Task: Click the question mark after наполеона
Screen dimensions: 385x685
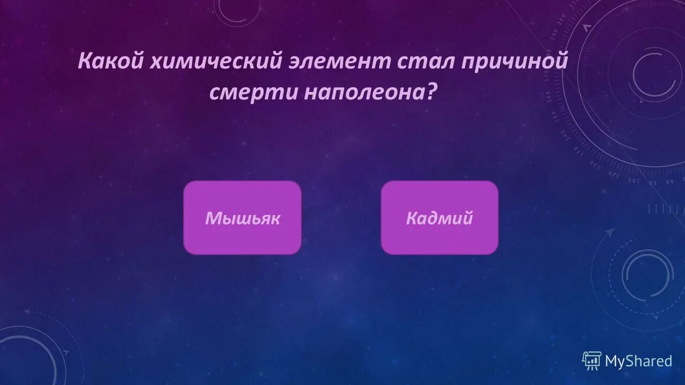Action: [x=430, y=93]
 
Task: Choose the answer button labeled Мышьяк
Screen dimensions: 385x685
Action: [x=242, y=217]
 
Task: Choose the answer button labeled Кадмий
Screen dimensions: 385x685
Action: [x=439, y=217]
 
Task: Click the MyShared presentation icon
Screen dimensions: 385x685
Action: [x=591, y=361]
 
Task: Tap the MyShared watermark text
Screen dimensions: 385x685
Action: [x=638, y=361]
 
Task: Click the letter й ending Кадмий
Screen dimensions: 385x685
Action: [x=468, y=218]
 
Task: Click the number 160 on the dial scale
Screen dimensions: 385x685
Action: [x=549, y=96]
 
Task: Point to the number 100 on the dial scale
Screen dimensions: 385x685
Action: [x=633, y=180]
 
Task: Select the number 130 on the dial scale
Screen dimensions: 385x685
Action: [x=579, y=151]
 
